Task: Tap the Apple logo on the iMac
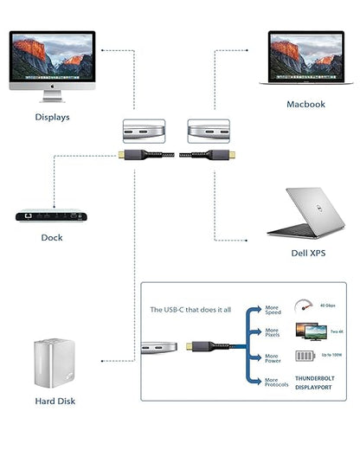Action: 53,88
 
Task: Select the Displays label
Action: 52,117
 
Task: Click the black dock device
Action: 52,213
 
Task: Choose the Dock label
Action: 52,237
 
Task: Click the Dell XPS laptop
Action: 303,212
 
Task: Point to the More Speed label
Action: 273,309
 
